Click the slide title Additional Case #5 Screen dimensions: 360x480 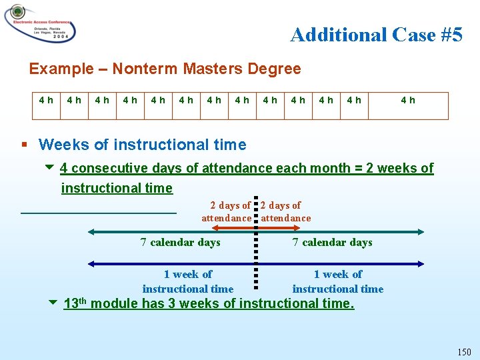(376, 35)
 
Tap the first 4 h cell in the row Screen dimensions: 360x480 (47, 101)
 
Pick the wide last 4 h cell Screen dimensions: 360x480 (407, 101)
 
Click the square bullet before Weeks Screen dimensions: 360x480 (25, 145)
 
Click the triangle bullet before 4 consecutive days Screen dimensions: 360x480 (51, 168)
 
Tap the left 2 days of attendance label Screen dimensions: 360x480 (227, 211)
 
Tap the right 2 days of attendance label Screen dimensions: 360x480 (286, 211)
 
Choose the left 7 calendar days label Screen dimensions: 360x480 (180, 242)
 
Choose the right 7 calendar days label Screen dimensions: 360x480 (332, 242)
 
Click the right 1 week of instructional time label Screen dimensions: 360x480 (337, 281)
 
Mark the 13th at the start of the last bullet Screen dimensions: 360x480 (75, 303)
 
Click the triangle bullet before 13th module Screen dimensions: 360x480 (53, 303)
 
